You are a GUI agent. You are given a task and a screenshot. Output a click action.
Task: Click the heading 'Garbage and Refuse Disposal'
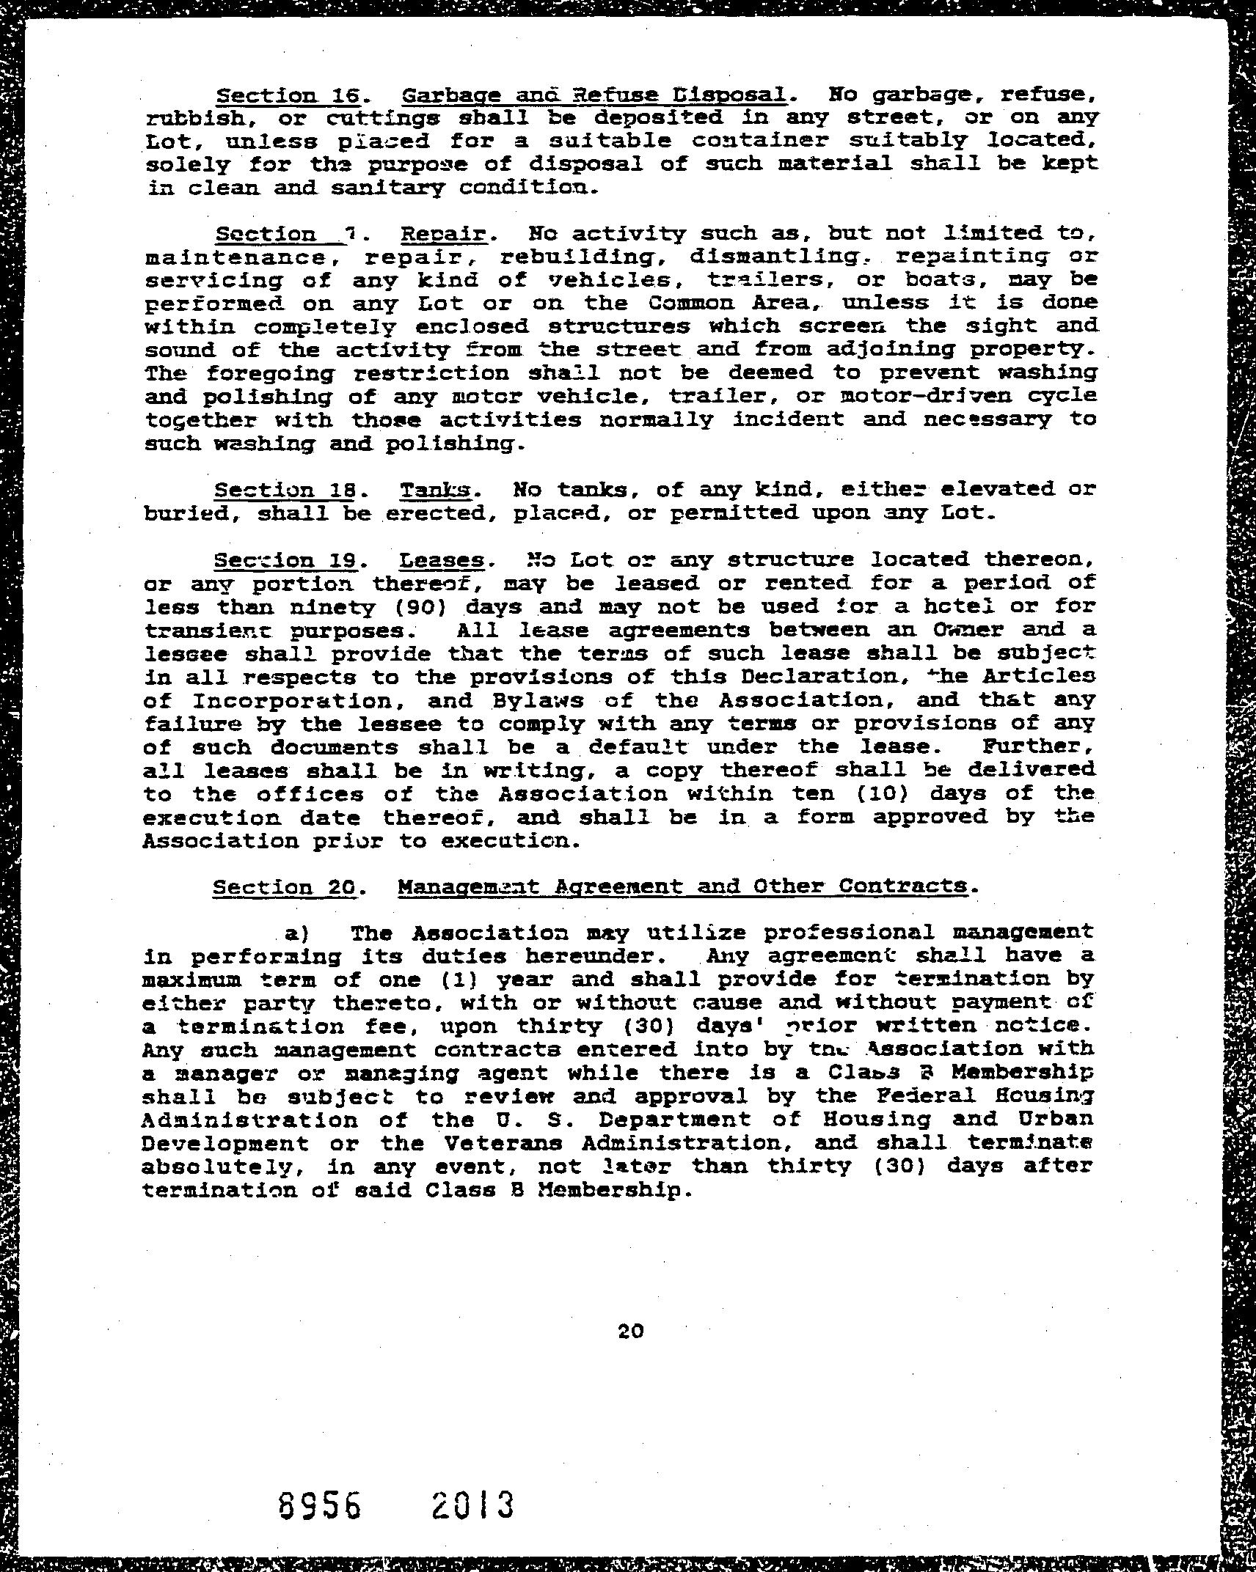pos(595,95)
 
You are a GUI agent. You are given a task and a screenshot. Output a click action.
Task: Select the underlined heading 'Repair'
pos(444,234)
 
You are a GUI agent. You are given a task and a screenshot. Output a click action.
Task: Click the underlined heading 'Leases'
pos(442,560)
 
